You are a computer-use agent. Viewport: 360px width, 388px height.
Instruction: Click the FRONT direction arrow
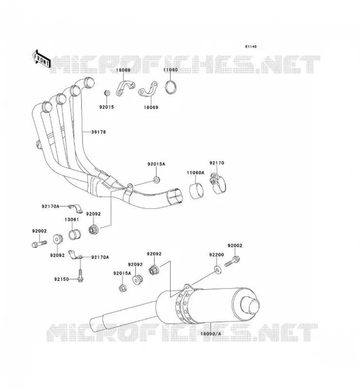(x=42, y=59)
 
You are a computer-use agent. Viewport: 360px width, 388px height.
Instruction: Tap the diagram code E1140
(x=251, y=47)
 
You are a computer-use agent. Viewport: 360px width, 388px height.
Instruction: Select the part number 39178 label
(x=98, y=132)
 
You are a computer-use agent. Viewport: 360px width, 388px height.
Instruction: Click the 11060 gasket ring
(x=171, y=87)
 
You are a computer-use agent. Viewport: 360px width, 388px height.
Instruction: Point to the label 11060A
(x=196, y=173)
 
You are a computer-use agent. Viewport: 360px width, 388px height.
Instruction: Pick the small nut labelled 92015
(x=107, y=93)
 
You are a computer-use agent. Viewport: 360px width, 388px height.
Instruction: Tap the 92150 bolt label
(x=62, y=279)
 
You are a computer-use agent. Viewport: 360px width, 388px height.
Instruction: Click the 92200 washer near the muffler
(x=218, y=270)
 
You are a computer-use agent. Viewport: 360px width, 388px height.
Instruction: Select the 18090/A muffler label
(x=211, y=334)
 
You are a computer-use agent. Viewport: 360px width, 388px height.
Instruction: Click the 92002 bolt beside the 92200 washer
(x=232, y=261)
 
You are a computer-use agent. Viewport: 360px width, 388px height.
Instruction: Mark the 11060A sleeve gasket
(x=196, y=190)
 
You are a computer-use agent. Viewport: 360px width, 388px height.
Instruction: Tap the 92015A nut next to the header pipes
(x=157, y=179)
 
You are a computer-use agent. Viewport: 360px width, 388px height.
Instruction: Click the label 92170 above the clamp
(x=217, y=163)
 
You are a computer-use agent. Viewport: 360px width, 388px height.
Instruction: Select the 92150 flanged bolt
(x=80, y=275)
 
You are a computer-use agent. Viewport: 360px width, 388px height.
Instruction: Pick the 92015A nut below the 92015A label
(x=122, y=288)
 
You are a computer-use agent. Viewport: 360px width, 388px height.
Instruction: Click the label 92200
(x=216, y=255)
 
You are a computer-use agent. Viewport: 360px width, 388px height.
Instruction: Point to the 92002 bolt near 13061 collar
(x=39, y=243)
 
